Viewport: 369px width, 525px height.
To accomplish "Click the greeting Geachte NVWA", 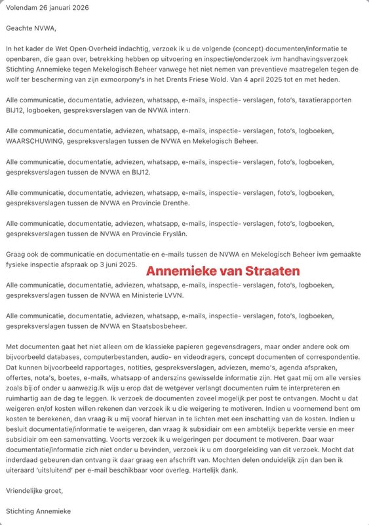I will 31,29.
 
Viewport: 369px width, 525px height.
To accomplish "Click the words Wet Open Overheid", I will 88,49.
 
